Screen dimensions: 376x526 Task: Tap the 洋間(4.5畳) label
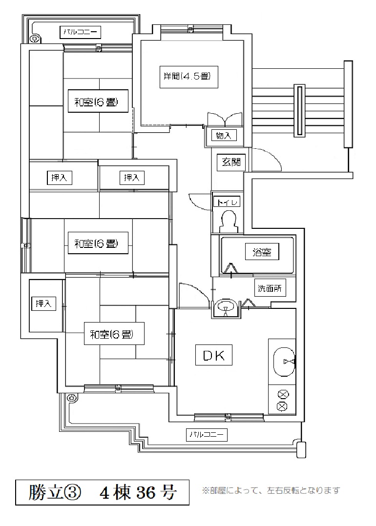coord(188,77)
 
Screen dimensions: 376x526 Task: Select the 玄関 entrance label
coord(231,162)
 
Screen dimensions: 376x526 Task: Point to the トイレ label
coord(227,202)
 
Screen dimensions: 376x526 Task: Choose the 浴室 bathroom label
coord(262,252)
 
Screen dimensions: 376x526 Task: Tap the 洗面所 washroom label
coord(270,288)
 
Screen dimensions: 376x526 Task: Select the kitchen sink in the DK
coord(285,362)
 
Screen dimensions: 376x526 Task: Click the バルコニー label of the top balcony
coord(81,32)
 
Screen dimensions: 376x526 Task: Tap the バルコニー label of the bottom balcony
coord(207,435)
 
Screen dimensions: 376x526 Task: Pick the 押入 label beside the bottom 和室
coord(43,303)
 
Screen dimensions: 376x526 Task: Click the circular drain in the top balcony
coord(34,39)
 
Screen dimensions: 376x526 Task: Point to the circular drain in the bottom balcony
coord(71,398)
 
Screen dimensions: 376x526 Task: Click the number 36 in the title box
coord(145,492)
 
